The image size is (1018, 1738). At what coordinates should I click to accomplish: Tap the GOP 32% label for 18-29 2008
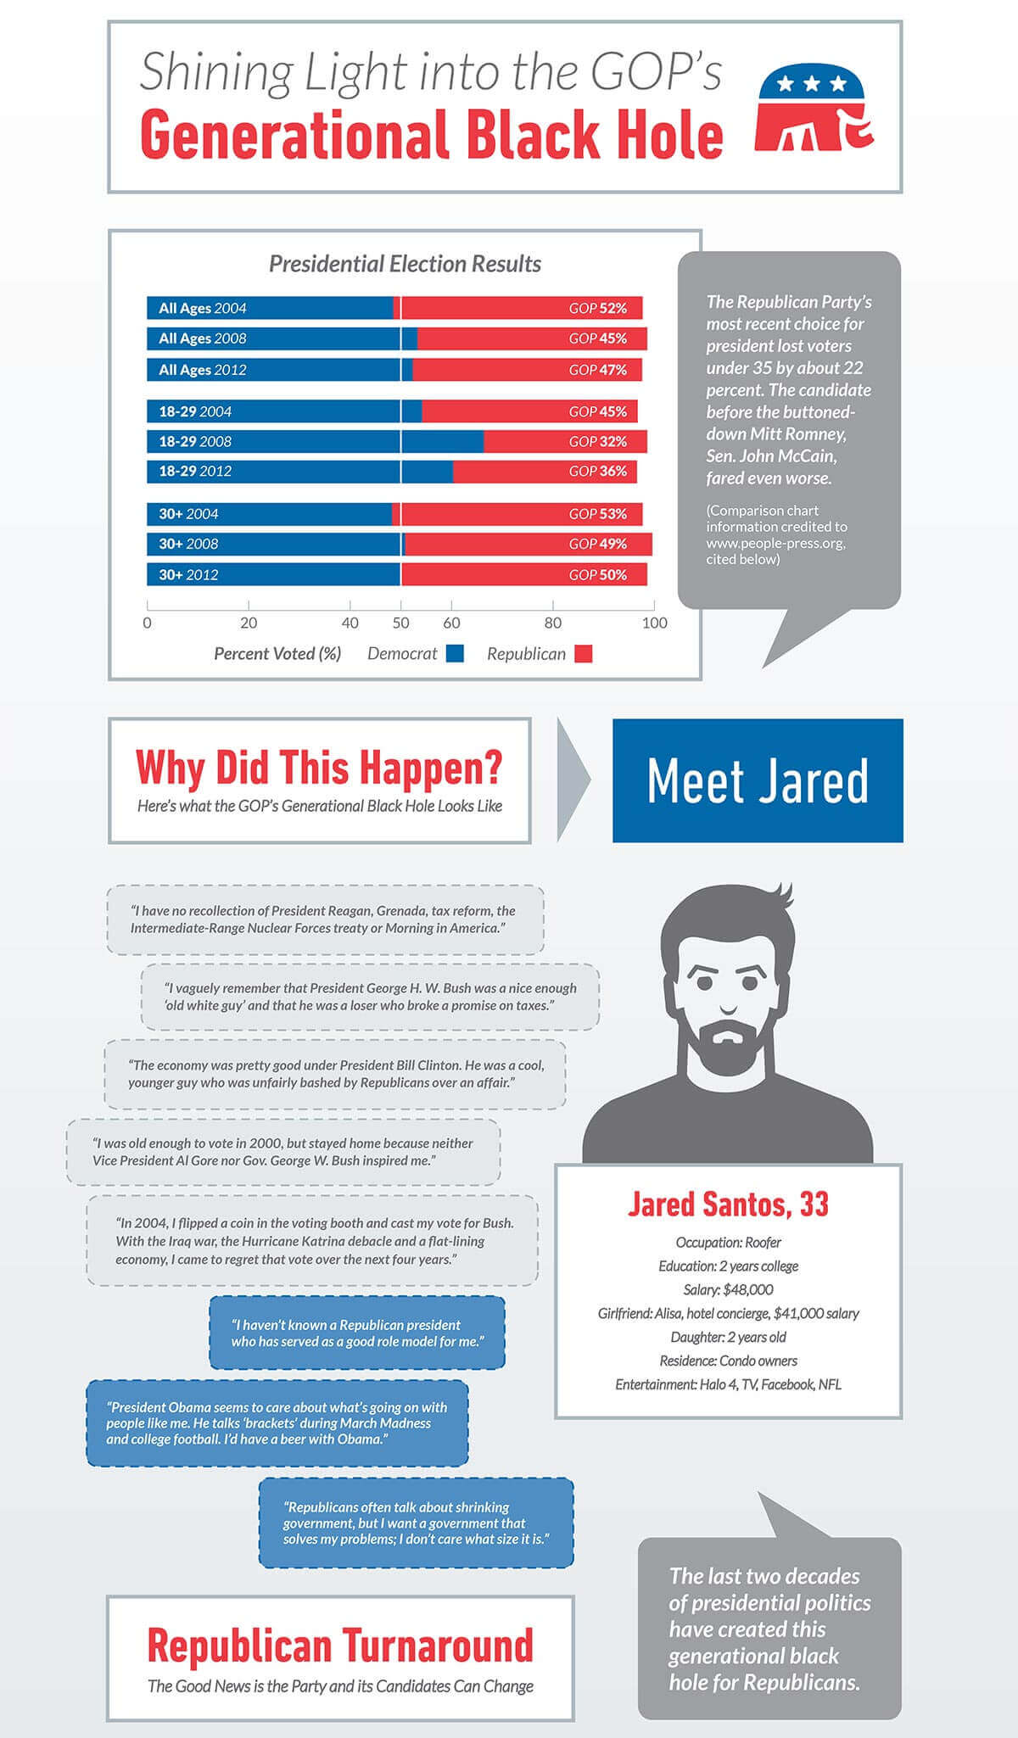598,441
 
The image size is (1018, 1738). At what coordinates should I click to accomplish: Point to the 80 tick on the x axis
553,623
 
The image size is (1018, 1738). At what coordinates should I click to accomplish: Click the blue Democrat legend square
455,654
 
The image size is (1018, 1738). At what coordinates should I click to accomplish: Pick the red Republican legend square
583,654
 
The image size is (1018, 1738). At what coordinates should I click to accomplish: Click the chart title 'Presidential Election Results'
405,264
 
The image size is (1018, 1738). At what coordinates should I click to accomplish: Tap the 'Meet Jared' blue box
758,780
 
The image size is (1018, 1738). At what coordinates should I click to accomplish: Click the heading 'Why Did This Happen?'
319,767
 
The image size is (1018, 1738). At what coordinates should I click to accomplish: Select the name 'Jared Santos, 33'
728,1204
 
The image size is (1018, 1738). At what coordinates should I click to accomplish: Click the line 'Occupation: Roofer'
728,1243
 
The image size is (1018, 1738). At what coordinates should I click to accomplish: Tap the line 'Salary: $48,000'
728,1290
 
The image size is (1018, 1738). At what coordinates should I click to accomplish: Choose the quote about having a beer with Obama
277,1423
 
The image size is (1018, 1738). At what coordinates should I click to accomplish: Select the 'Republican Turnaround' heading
340,1646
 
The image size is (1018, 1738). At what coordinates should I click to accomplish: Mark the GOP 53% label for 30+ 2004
598,514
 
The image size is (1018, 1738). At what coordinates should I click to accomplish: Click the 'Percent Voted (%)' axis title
277,654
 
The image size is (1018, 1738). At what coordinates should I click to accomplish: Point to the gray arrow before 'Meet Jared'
573,780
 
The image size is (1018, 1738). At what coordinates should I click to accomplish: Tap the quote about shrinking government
416,1523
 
